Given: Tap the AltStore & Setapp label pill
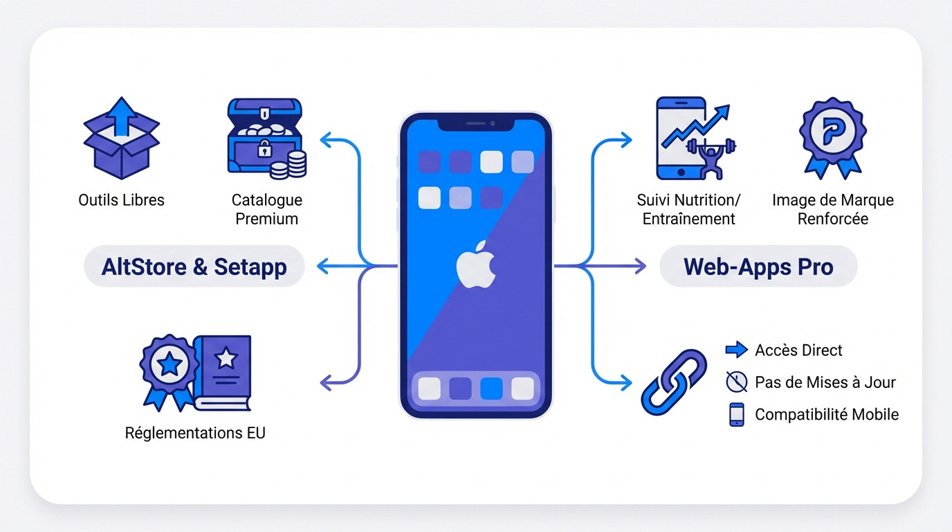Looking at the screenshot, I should (194, 267).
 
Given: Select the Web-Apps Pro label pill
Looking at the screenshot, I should (758, 267).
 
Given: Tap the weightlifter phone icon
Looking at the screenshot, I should (693, 139).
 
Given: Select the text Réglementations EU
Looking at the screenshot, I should (195, 433).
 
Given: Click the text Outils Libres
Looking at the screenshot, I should (121, 200).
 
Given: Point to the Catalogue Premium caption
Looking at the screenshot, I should (266, 209).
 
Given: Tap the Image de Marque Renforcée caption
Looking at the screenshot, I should (832, 209).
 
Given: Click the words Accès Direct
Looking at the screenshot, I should (798, 350).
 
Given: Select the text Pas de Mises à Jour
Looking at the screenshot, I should (825, 382).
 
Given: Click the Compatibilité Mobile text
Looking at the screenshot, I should (827, 414).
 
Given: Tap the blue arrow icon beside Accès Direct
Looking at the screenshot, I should (736, 350).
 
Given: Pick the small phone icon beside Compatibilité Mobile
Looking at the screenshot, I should (736, 414).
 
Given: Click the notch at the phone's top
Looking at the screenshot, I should (476, 124).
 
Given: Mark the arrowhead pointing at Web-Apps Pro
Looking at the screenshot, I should (640, 266).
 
